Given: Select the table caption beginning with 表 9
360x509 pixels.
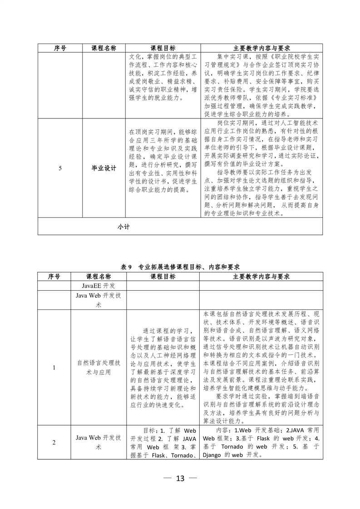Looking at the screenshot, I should (x=180, y=267).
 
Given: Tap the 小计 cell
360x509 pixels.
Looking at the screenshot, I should (x=123, y=227).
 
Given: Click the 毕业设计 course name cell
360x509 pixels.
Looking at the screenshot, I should (x=104, y=168).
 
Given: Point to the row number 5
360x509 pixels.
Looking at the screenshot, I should (x=60, y=168).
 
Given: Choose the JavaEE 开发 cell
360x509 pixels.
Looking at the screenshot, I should (x=99, y=285).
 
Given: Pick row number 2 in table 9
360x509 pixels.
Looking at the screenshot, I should (x=54, y=442).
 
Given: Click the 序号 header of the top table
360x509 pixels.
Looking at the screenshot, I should (x=60, y=48).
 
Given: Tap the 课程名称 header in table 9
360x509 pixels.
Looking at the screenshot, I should (x=99, y=276).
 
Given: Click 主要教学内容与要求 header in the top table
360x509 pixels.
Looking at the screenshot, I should (x=261, y=48).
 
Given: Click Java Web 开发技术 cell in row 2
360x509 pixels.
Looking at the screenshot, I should (x=99, y=442).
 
